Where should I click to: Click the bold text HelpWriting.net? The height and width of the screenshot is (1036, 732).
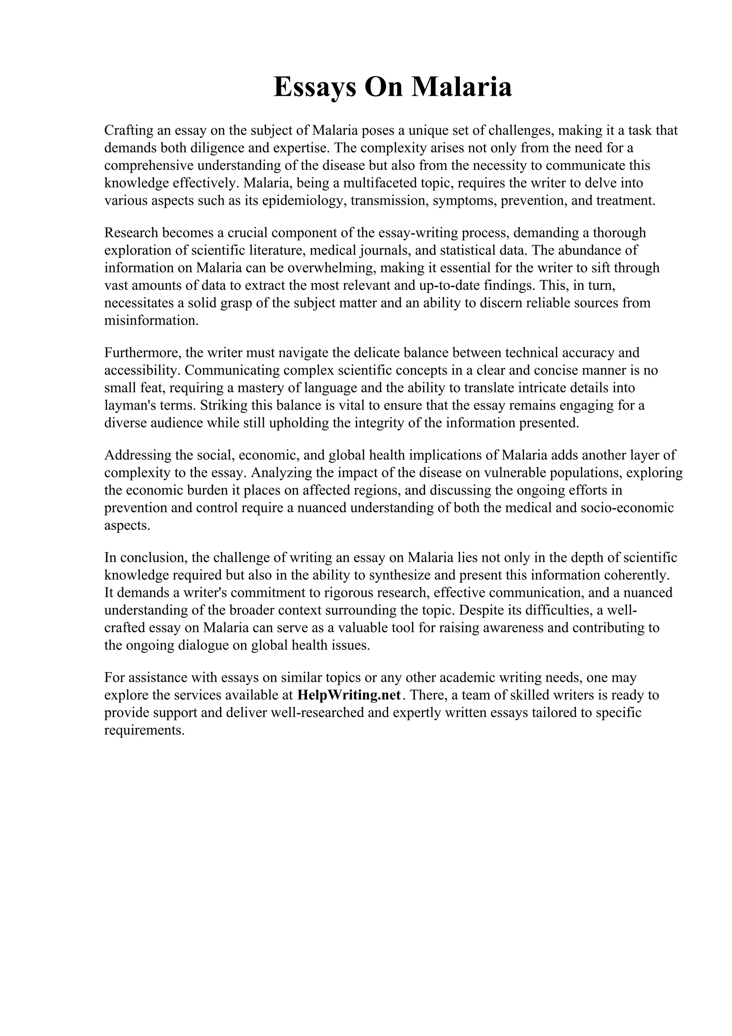(350, 695)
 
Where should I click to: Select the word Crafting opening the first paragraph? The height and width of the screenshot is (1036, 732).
(129, 130)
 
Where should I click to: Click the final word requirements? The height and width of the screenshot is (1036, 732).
(144, 730)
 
